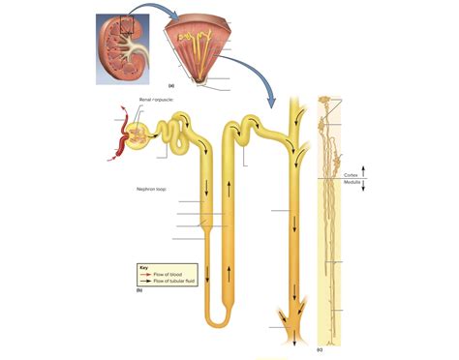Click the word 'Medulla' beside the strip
pos(351,181)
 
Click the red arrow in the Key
pos(146,275)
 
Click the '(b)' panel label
pos(139,288)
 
